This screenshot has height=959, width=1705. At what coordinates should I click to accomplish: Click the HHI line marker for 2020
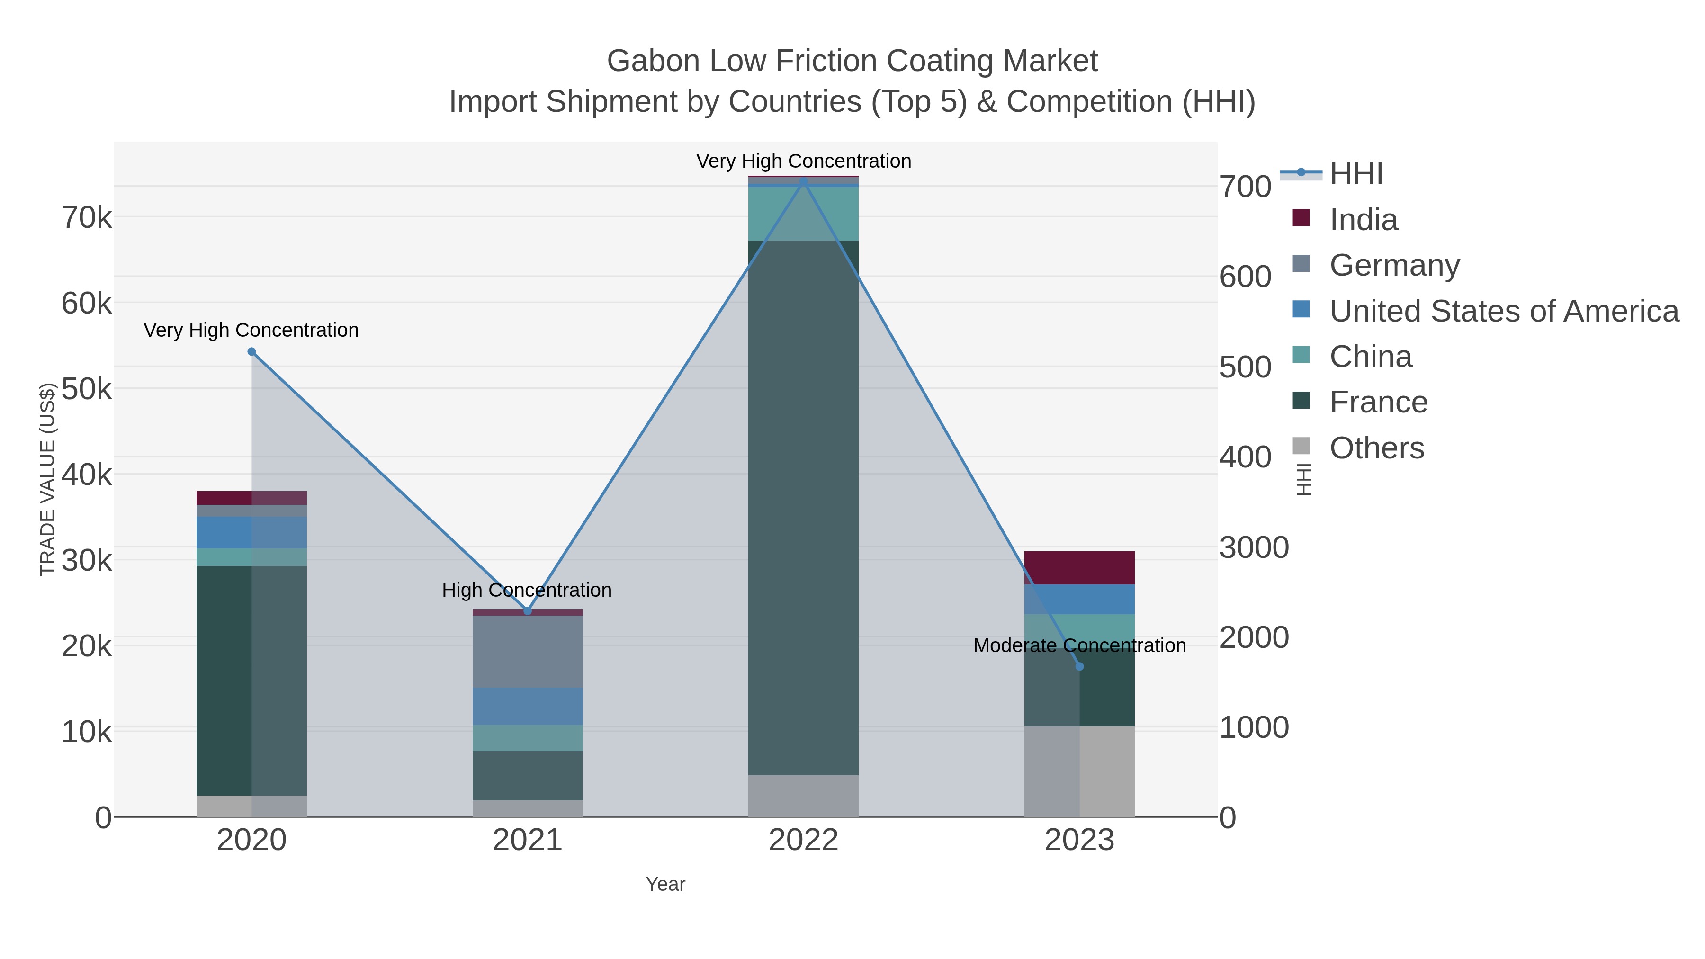tap(251, 352)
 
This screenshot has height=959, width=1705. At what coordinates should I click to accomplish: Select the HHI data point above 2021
tap(528, 611)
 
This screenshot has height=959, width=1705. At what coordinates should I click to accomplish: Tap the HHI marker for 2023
tap(1079, 666)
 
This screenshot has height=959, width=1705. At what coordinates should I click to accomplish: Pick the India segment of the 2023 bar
tap(1079, 567)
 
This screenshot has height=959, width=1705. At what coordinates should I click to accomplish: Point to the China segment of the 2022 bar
tap(803, 213)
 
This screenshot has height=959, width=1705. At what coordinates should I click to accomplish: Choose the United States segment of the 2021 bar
tap(528, 706)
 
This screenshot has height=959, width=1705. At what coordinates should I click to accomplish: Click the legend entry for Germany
tap(1394, 265)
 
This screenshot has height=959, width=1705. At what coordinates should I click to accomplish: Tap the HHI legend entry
tap(1355, 174)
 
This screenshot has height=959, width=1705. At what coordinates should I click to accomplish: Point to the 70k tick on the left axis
tap(87, 217)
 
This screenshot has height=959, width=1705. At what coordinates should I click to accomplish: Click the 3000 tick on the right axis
tap(1254, 547)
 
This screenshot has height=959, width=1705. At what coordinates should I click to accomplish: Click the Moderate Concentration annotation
tap(1079, 645)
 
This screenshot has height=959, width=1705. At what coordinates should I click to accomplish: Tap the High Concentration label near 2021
tap(527, 590)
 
